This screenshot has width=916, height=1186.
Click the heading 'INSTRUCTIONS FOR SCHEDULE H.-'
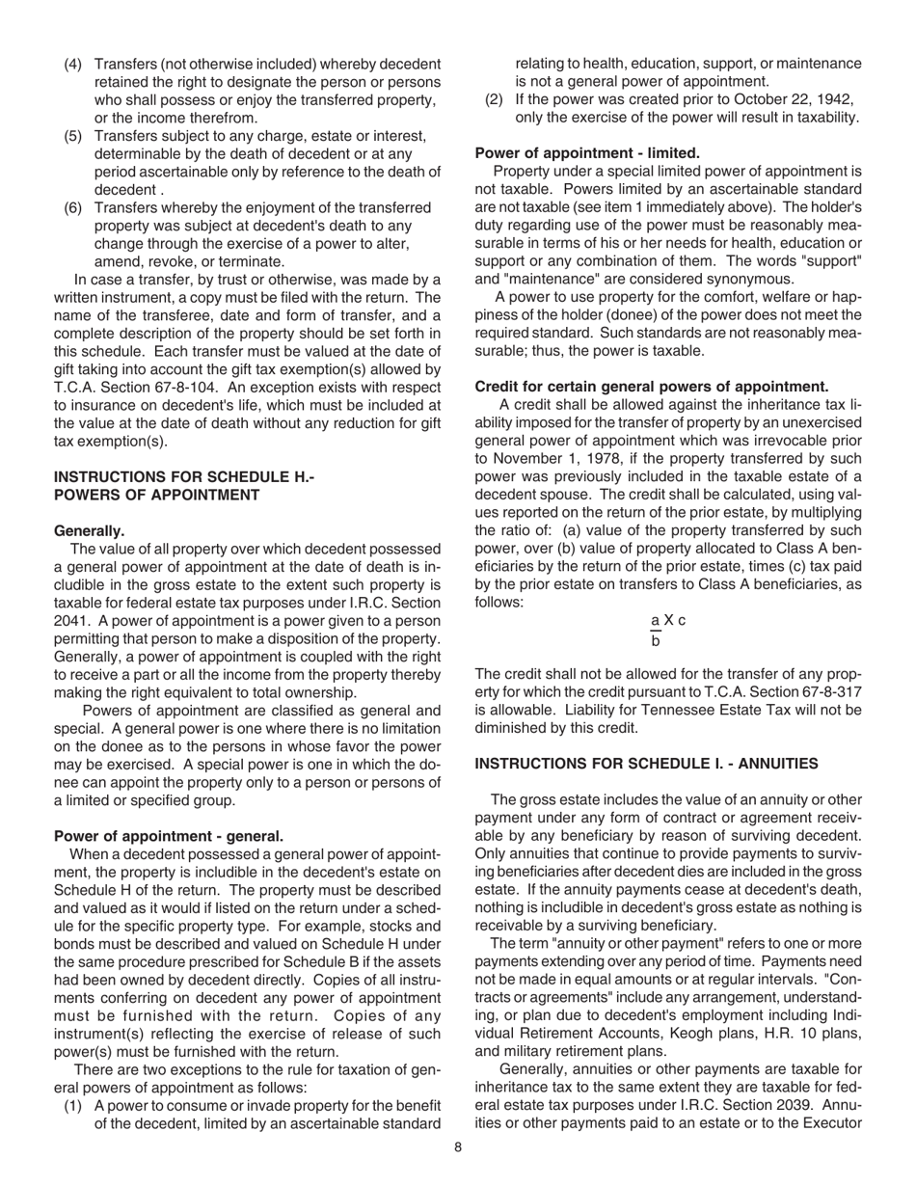184,476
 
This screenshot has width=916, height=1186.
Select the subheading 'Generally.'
90,530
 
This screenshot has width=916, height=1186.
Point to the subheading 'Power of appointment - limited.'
587,152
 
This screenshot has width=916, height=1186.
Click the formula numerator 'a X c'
668,621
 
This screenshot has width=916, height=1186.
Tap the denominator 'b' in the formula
656,640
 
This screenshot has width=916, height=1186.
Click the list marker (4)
73,64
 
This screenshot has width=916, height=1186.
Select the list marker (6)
73,207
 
